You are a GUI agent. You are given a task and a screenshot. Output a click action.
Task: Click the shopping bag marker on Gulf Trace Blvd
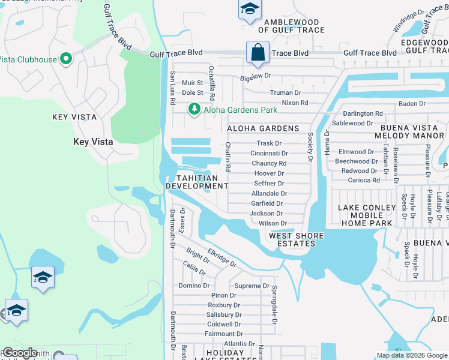point(258,52)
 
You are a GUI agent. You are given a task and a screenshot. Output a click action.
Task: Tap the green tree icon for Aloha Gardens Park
point(194,109)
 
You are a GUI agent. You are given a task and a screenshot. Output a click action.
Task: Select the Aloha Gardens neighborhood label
point(263,128)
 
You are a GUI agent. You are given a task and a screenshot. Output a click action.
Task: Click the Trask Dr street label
point(269,143)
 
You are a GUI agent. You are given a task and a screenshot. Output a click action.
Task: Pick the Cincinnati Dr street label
point(269,154)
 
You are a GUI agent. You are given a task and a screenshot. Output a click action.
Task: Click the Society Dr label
point(310,147)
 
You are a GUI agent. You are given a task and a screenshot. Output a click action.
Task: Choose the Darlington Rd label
point(363,113)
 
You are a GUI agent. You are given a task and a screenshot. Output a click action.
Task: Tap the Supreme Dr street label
point(252,286)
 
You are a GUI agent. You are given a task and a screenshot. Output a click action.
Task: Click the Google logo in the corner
point(19,353)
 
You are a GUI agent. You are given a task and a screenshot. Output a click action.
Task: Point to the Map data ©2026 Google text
point(412,355)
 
